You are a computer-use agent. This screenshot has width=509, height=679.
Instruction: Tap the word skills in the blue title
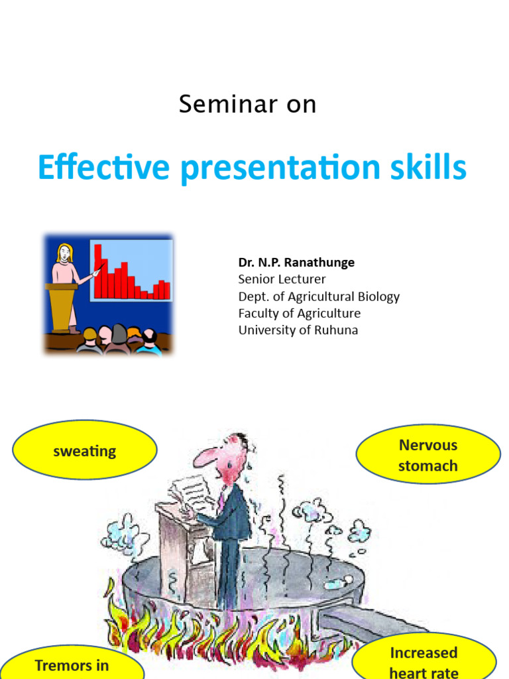click(x=431, y=167)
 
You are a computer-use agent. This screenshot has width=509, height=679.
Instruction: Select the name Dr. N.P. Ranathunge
click(x=296, y=263)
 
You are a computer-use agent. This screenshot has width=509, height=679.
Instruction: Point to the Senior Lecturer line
click(x=282, y=279)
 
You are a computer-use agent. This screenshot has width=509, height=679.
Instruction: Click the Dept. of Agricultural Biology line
click(x=319, y=296)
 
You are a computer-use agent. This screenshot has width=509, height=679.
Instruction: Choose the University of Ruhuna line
click(x=298, y=330)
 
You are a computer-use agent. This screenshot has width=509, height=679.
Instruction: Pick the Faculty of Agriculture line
click(x=300, y=314)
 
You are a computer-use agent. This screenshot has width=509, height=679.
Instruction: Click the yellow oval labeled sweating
click(x=85, y=452)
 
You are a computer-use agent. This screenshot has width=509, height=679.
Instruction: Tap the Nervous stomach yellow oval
click(x=428, y=455)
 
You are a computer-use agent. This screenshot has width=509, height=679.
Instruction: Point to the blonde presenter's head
click(x=65, y=253)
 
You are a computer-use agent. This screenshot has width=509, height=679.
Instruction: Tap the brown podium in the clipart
click(x=61, y=305)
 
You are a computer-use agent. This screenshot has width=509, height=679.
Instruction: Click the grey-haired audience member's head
click(x=119, y=334)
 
